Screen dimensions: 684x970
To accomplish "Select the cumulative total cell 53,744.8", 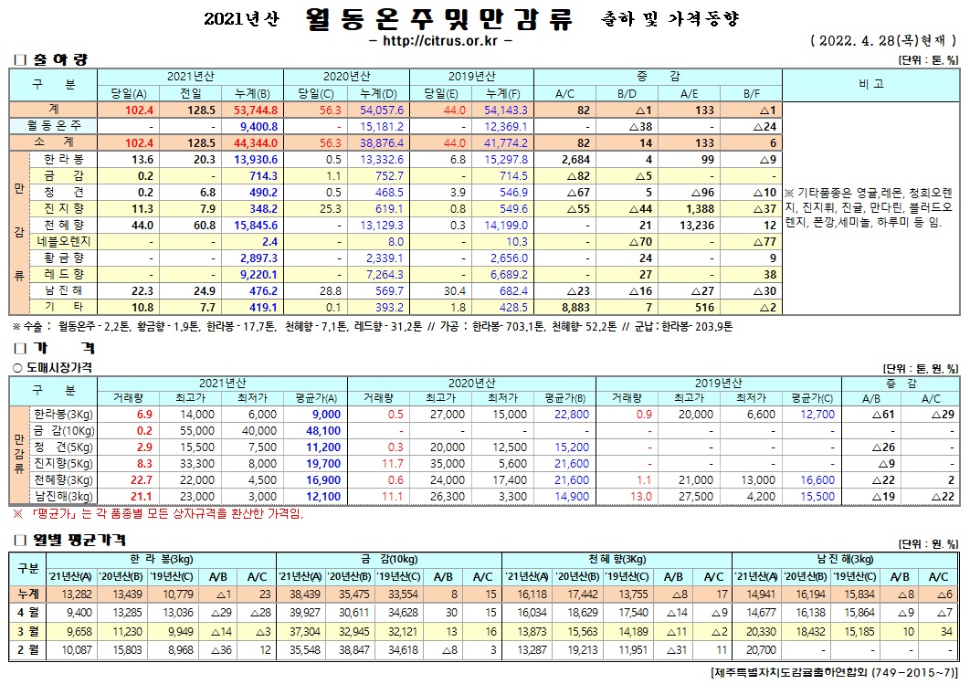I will click(257, 110).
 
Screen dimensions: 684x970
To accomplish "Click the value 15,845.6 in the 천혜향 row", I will click(255, 225).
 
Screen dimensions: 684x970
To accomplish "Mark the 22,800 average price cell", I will click(573, 414).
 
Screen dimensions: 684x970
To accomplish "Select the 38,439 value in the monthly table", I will click(298, 594).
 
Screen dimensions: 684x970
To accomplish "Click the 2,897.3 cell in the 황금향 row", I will click(257, 258).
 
